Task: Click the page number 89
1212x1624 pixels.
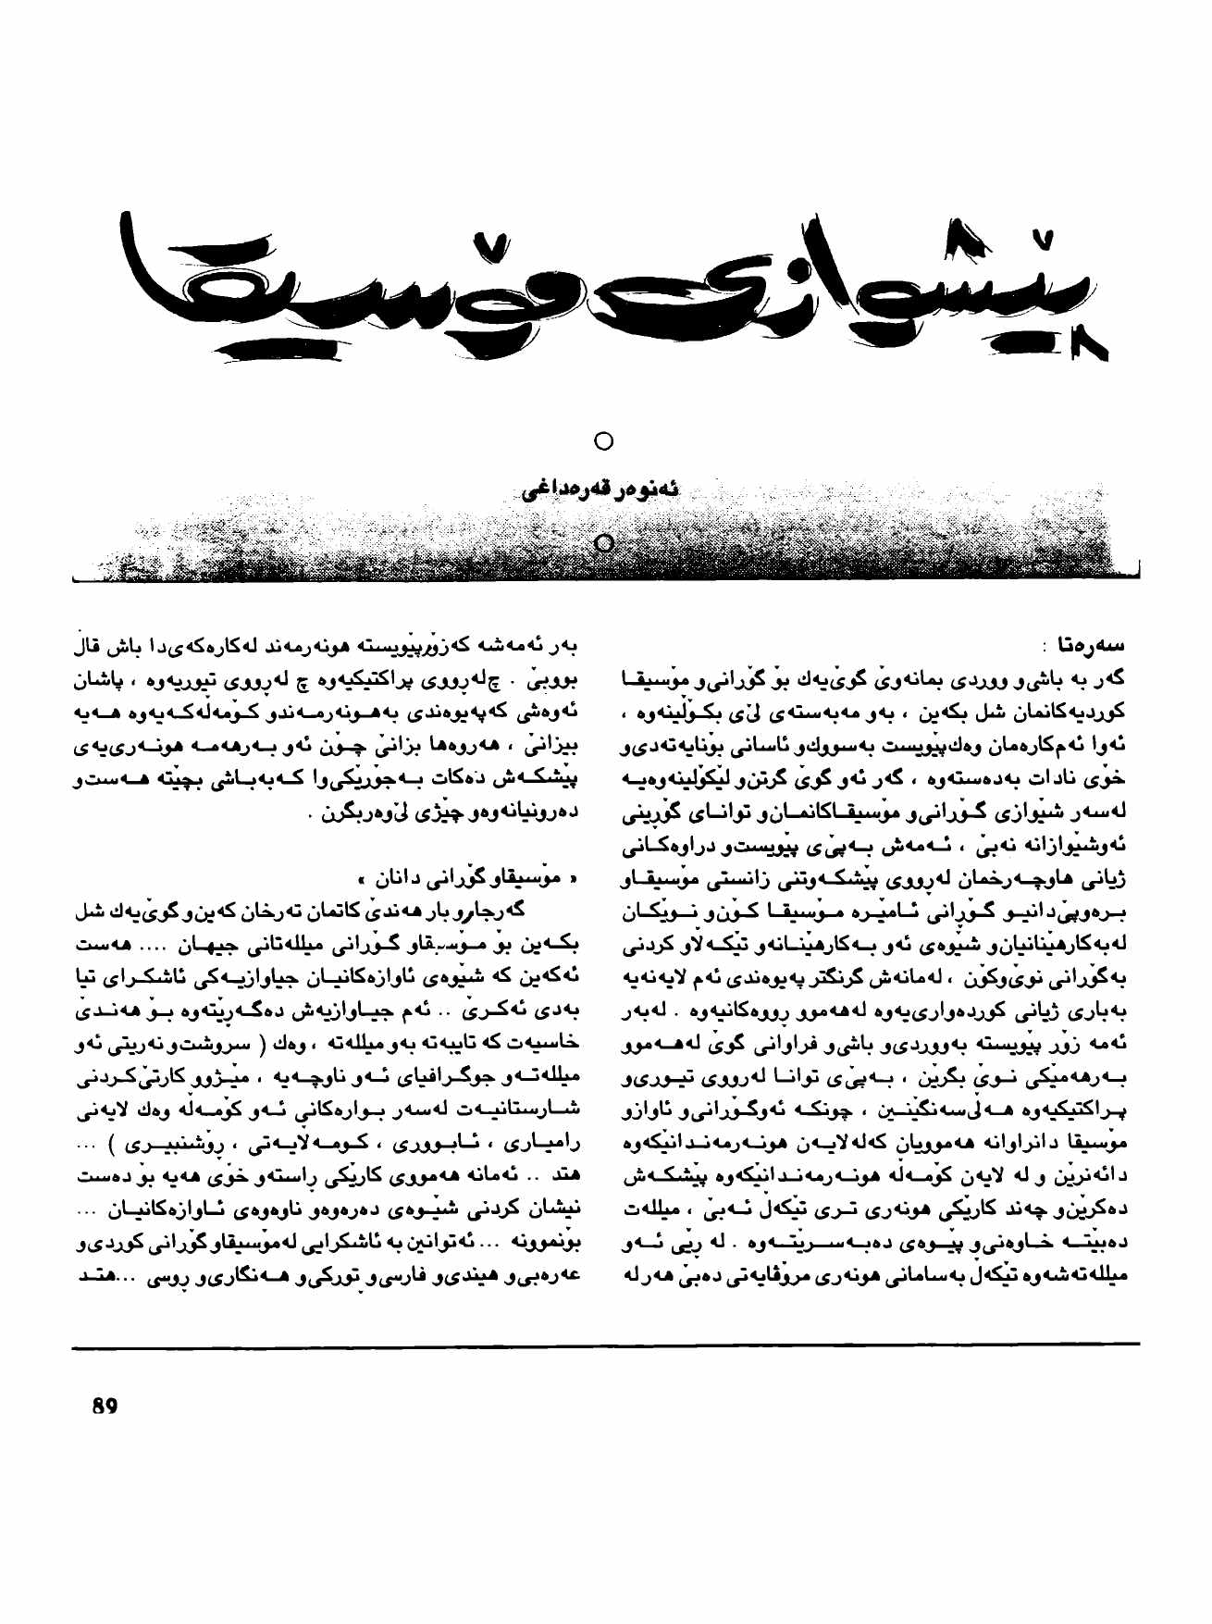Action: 105,1407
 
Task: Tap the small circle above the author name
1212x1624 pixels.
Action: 603,440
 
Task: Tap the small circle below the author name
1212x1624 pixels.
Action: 603,543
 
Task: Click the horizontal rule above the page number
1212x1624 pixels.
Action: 606,1344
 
